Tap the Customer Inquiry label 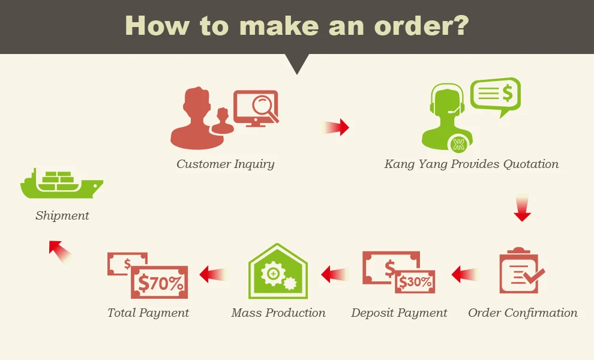tap(226, 164)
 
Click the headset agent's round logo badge tap(459, 143)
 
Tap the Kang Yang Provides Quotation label tap(471, 164)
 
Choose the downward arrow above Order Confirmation tap(523, 208)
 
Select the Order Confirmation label tap(523, 313)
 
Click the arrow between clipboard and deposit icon tap(466, 275)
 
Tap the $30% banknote tap(415, 281)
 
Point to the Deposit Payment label tap(399, 313)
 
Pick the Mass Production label tap(278, 313)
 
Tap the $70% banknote tap(159, 282)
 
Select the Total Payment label tap(148, 313)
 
